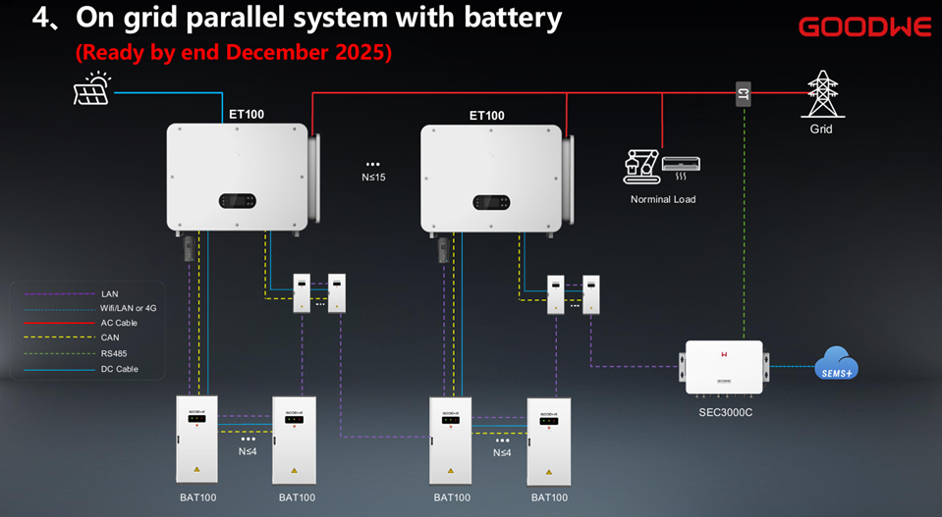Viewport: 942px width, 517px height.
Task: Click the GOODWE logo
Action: pos(864,26)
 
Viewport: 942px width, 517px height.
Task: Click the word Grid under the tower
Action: pos(821,129)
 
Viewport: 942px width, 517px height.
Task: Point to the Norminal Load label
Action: pos(662,199)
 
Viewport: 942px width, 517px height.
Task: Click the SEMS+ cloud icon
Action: pos(836,364)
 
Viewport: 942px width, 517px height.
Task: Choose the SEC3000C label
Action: pos(719,412)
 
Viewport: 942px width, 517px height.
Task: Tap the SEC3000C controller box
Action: pos(723,367)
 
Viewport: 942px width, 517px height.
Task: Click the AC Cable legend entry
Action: pos(119,323)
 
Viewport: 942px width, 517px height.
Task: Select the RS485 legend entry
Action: pos(113,353)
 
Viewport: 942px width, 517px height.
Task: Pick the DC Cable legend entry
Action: pos(119,369)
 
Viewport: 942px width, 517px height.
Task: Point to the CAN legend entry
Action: pos(110,337)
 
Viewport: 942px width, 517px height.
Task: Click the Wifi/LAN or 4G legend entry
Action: pos(128,308)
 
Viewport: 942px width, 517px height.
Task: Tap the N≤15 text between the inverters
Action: pos(372,178)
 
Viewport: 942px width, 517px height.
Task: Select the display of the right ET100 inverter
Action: pos(491,202)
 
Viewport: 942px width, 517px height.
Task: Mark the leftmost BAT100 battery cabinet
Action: pos(196,439)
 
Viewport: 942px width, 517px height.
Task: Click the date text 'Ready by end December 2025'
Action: pos(234,53)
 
